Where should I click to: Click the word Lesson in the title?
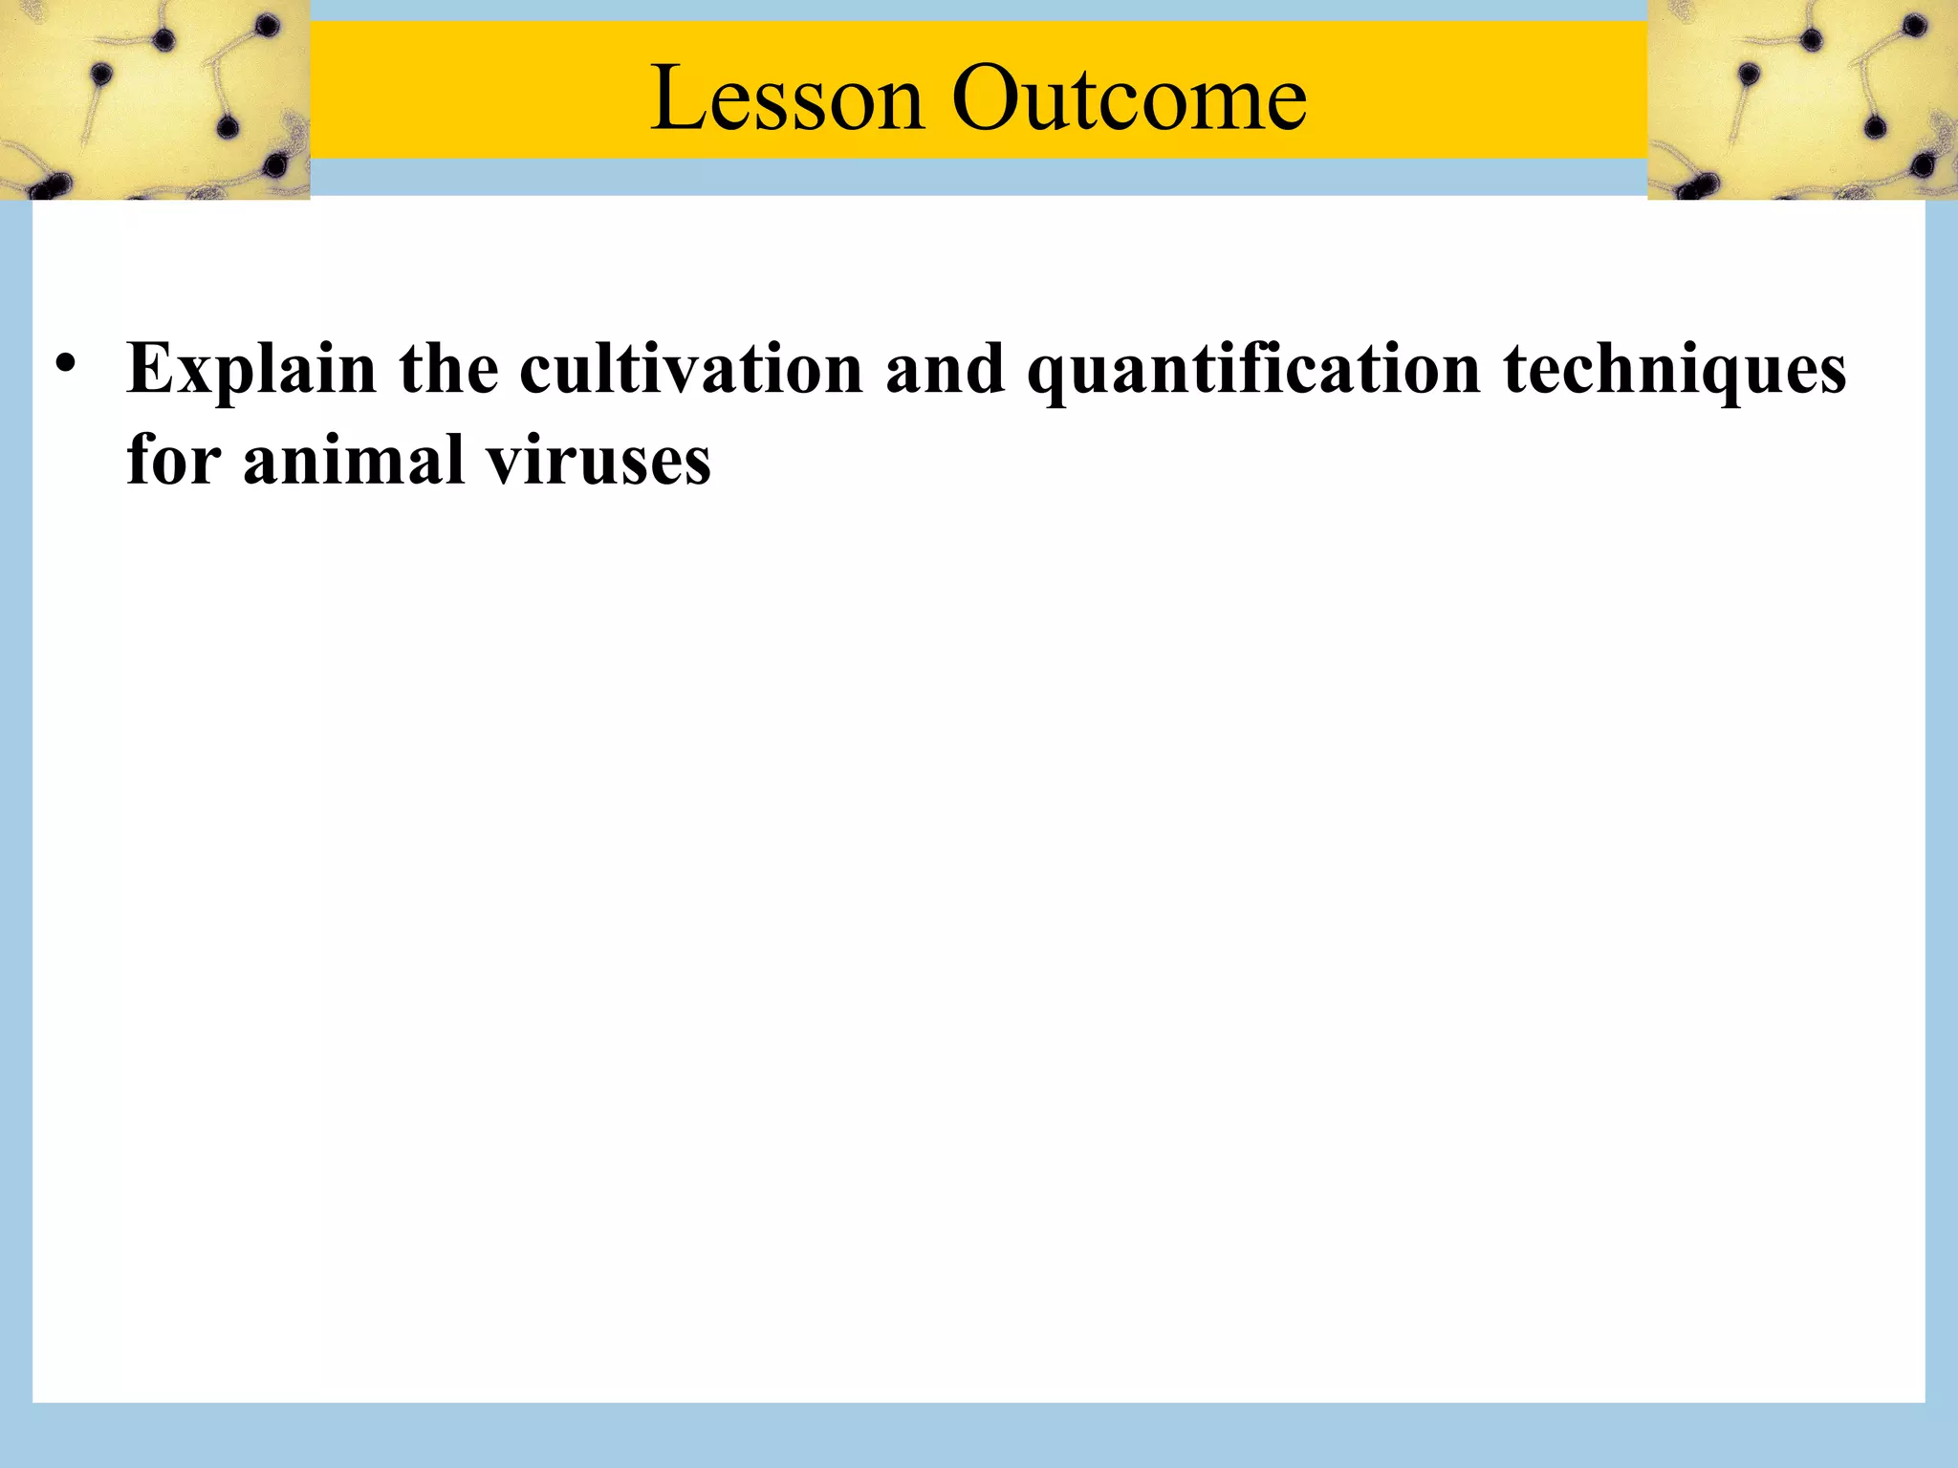787,97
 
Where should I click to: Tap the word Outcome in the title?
1129,97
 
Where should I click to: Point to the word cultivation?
691,368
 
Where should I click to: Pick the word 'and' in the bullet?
945,368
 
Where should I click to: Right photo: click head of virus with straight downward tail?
1749,74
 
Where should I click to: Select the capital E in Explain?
153,368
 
